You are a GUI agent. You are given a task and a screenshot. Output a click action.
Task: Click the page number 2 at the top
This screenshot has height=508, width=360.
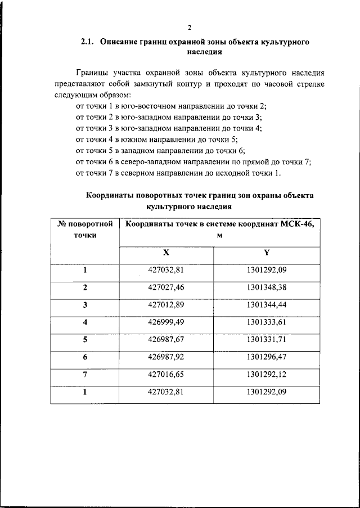click(190, 28)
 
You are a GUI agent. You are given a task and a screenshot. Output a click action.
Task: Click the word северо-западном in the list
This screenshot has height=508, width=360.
click(156, 161)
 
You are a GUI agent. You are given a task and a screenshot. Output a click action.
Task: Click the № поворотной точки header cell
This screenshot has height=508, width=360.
click(85, 230)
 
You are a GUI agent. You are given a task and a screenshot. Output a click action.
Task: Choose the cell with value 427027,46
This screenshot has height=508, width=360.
click(166, 287)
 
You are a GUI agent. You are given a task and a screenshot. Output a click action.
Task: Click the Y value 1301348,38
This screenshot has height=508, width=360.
click(267, 287)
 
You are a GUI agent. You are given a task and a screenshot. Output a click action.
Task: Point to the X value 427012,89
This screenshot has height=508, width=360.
click(166, 305)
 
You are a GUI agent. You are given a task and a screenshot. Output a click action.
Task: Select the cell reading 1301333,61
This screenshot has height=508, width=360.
click(267, 322)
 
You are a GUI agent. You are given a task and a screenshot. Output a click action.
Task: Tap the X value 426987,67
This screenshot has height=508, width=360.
click(166, 340)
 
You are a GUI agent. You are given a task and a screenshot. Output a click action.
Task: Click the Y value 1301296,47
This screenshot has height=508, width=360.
click(267, 357)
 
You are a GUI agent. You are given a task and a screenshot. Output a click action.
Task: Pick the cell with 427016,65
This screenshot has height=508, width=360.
click(166, 375)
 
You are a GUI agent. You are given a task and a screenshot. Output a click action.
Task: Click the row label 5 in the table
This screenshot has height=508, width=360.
click(85, 340)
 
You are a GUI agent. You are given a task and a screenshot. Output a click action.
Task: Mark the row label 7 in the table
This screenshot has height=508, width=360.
click(85, 375)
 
